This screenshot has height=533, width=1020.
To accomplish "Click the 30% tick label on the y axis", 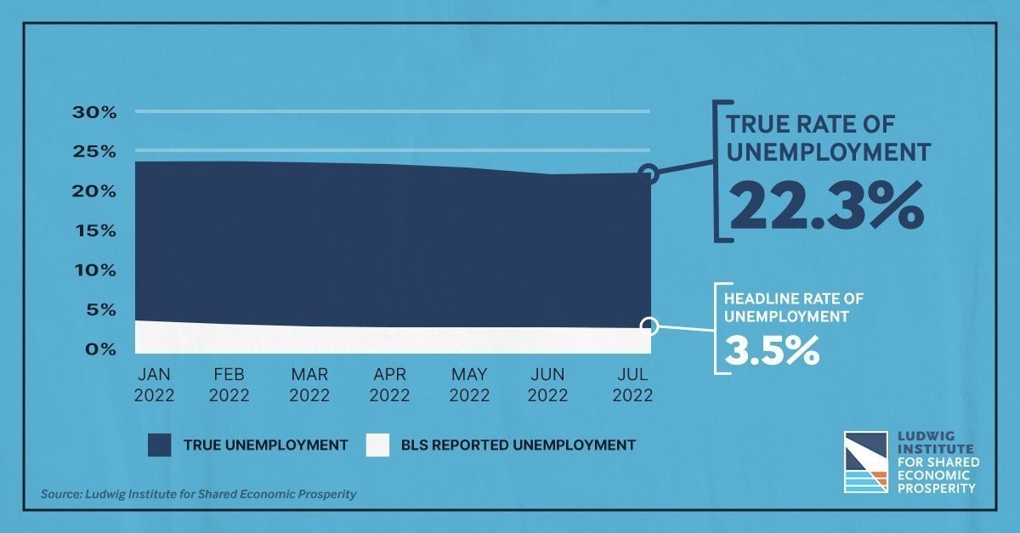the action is click(x=94, y=112).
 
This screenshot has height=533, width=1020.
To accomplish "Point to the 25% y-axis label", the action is click(x=94, y=151).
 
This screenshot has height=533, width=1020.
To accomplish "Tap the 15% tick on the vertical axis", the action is click(x=95, y=231).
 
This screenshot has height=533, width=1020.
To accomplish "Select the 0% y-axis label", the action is click(x=100, y=349).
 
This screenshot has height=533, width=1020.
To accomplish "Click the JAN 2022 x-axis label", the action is click(x=154, y=385).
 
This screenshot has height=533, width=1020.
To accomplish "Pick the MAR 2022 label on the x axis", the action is click(x=309, y=385).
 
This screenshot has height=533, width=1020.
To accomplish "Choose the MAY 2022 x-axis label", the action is click(x=469, y=385).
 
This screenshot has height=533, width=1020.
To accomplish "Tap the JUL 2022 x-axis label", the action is click(x=632, y=385).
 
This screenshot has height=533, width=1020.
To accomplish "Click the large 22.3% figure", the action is click(x=826, y=206).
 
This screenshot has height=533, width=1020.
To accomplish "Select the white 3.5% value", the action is click(x=772, y=350).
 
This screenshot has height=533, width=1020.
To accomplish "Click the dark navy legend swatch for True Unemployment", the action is click(x=160, y=445).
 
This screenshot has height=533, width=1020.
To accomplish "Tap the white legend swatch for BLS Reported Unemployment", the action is click(x=377, y=445).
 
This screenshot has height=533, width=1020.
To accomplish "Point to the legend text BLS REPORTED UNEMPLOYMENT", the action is click(x=518, y=445).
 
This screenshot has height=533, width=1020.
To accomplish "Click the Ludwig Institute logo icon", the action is click(x=865, y=462).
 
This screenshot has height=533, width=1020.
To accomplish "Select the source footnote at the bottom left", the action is click(x=198, y=494).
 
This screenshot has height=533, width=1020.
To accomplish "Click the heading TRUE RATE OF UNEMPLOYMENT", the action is click(x=828, y=138).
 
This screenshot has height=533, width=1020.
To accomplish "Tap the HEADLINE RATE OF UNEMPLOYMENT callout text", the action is click(x=794, y=308).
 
